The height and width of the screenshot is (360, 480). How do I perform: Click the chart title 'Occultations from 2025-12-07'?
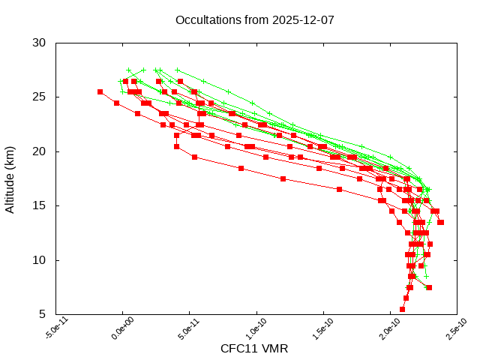click(x=254, y=19)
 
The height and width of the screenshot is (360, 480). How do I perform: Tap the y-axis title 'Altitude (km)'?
click(x=10, y=178)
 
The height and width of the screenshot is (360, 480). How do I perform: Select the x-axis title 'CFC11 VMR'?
click(x=254, y=349)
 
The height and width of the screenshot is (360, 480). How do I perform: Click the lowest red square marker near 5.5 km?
click(x=403, y=309)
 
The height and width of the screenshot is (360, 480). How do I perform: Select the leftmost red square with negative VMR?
click(x=100, y=91)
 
